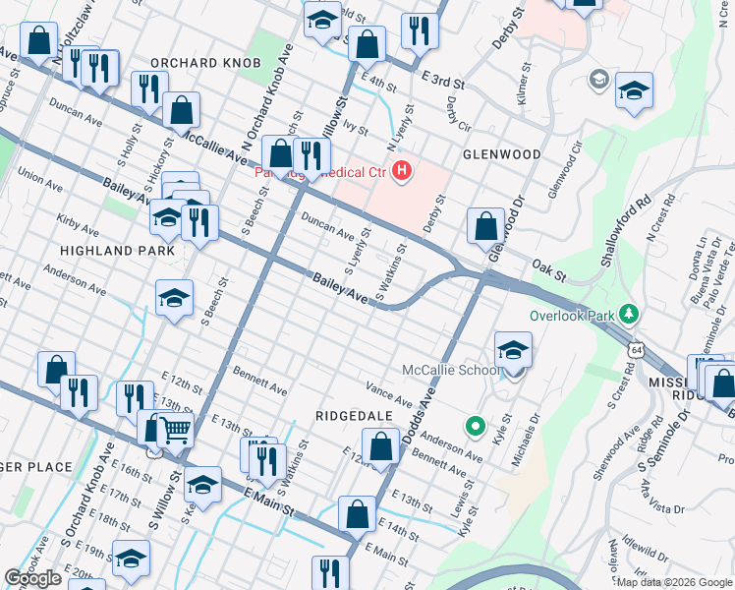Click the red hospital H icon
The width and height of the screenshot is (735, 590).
pyautogui.click(x=401, y=173)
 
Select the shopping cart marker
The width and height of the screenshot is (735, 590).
pyautogui.click(x=174, y=428)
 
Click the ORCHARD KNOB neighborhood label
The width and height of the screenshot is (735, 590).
pyautogui.click(x=205, y=63)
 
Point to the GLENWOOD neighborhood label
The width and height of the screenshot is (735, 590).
pyautogui.click(x=501, y=154)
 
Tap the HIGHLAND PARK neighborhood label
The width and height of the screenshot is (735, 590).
pyautogui.click(x=117, y=251)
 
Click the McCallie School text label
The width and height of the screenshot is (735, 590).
pyautogui.click(x=452, y=371)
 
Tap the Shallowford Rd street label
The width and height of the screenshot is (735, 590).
pyautogui.click(x=630, y=231)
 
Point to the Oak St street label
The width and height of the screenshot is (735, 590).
pyautogui.click(x=544, y=265)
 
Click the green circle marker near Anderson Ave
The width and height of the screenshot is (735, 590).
pyautogui.click(x=475, y=426)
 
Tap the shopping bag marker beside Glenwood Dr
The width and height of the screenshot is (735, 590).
pyautogui.click(x=485, y=226)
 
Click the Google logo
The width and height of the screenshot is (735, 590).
pyautogui.click(x=32, y=578)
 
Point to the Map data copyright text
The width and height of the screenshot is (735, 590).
pyautogui.click(x=674, y=582)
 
